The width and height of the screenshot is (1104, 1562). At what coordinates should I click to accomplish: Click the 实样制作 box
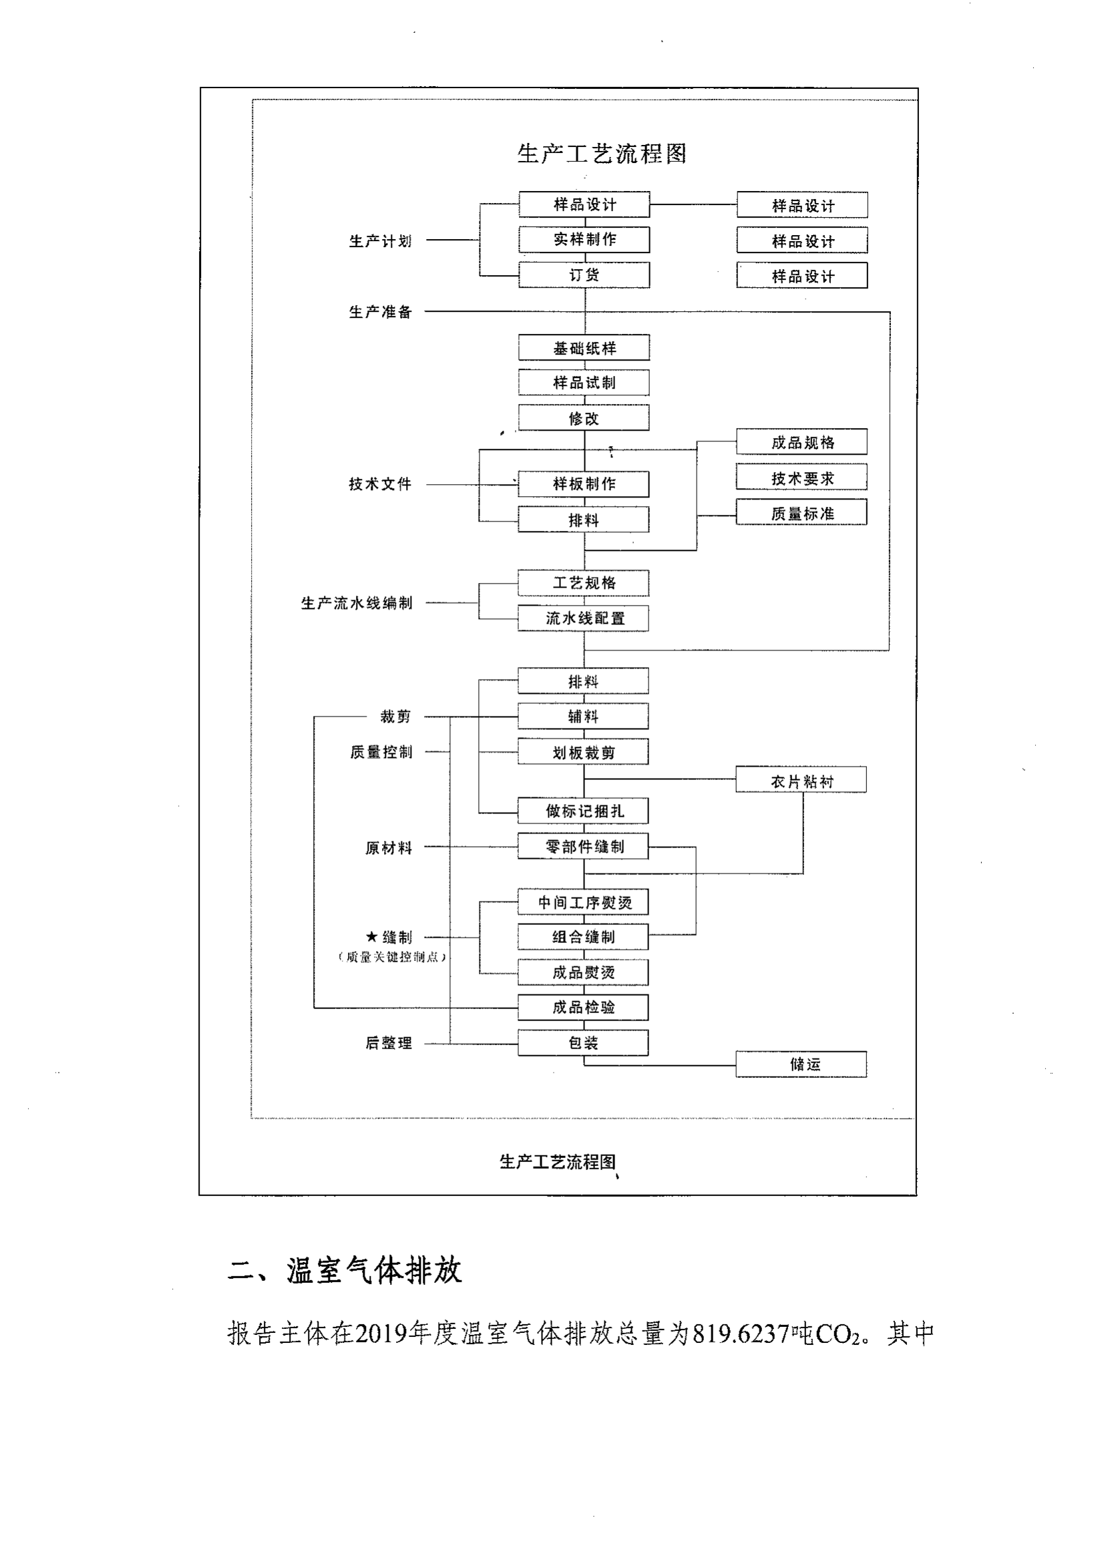[x=584, y=240]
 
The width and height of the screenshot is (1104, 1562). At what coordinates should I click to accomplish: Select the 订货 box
[x=584, y=275]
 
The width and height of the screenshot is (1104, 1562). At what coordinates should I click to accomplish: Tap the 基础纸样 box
[x=584, y=348]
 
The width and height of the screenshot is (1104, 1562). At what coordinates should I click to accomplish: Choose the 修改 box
[x=584, y=417]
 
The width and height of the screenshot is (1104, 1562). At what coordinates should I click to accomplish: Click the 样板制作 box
[x=584, y=483]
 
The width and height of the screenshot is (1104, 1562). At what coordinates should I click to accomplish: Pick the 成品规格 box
[x=802, y=442]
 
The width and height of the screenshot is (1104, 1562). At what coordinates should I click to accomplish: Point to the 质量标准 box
[x=802, y=513]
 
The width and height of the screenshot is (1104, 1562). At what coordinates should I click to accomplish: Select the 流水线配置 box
[x=584, y=618]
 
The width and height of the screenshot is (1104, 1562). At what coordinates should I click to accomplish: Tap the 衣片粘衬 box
[x=801, y=780]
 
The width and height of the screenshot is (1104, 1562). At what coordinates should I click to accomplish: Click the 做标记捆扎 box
[x=584, y=811]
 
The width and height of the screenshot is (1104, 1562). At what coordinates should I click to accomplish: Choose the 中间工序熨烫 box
[x=584, y=902]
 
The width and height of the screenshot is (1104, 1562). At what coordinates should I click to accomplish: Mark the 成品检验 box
[x=584, y=1008]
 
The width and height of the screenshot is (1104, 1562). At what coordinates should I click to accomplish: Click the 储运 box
[x=801, y=1064]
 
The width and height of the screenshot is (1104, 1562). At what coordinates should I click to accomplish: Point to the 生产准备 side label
[x=380, y=312]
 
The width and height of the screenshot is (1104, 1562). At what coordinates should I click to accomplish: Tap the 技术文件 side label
[x=380, y=483]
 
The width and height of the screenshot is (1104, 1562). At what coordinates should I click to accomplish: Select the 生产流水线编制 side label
[x=357, y=604]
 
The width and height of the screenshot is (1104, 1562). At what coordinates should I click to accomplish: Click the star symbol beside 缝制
[x=371, y=937]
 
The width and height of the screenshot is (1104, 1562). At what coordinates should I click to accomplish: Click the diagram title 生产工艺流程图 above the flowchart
[x=601, y=154]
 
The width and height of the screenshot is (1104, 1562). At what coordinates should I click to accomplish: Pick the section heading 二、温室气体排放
[x=345, y=1270]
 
